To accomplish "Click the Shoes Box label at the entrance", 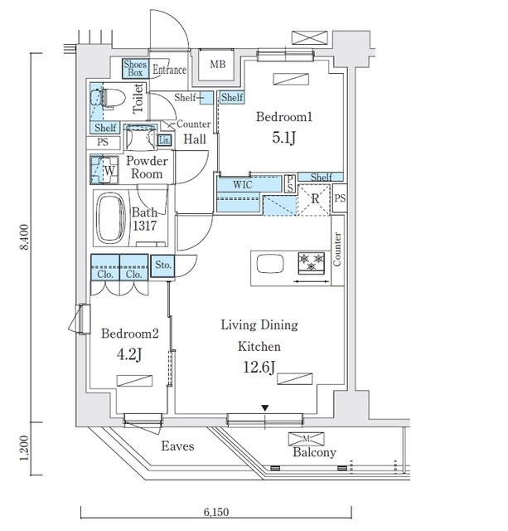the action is pos(135,68).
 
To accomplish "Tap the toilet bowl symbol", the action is pos(113,98).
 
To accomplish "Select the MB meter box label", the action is pos(217,64).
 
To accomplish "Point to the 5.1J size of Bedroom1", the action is pos(283,138).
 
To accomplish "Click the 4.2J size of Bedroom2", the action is pos(129,354).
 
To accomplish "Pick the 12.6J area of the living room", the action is pos(259,367).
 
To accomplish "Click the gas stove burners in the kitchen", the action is pos(312,263).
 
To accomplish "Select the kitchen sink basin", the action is pos(270,264).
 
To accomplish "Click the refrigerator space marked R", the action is pos(313,200).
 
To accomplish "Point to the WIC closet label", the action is pos(243,184).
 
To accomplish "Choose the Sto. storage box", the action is pos(162,265).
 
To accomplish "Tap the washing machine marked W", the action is pos(104,170).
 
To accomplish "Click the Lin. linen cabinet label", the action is pos(164,140).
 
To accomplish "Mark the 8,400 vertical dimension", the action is pos(24,237).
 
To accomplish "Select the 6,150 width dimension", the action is pos(216,512).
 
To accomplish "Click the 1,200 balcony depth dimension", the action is pos(24,448).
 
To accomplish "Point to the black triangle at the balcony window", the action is pos(265,408).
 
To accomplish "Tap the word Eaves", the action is pos(177,446).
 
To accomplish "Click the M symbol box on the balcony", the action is pos(306,439).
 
